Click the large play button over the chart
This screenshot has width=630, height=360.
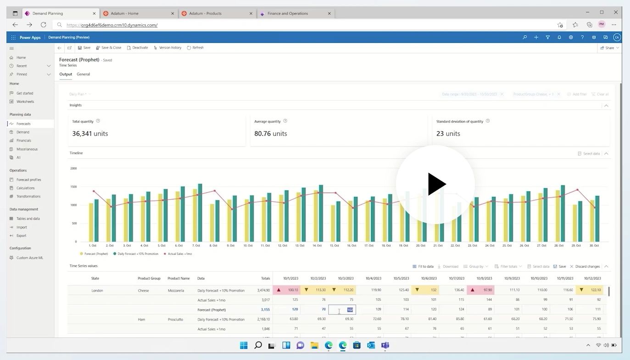point(435,184)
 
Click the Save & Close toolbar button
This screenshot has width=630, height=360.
point(109,48)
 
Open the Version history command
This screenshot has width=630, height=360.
point(167,48)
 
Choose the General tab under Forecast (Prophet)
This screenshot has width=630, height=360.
point(83,74)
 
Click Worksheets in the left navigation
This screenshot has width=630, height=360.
point(25,101)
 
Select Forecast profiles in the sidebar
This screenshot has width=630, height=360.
point(28,180)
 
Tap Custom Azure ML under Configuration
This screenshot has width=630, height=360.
point(29,258)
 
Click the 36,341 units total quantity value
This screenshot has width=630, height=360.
point(90,134)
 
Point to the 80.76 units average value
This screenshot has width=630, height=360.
point(270,134)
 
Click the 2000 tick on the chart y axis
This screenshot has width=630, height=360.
point(73,168)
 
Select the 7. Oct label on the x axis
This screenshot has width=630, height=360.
point(196,246)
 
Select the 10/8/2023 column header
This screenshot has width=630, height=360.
point(484,278)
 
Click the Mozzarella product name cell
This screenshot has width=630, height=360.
point(176,290)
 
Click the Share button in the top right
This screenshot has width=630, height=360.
point(609,48)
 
